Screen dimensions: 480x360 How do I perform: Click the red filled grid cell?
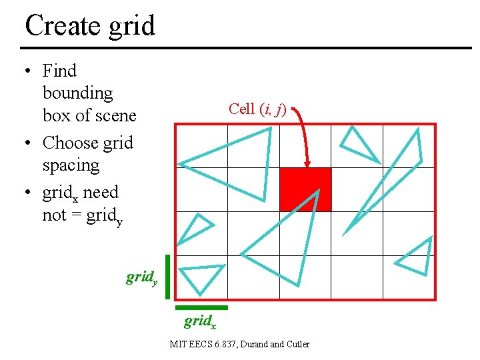pos(305,189)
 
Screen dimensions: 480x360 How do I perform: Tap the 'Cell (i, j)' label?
pos(257,109)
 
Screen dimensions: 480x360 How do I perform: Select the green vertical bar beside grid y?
pos(167,277)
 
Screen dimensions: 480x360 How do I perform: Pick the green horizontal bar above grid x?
pos(201,307)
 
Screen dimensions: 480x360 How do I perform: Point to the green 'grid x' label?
pos(199,322)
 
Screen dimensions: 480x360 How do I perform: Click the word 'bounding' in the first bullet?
pos(77,93)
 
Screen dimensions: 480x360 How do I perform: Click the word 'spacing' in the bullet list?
pos(71,165)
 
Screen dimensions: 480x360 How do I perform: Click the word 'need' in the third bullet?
pos(101,193)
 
